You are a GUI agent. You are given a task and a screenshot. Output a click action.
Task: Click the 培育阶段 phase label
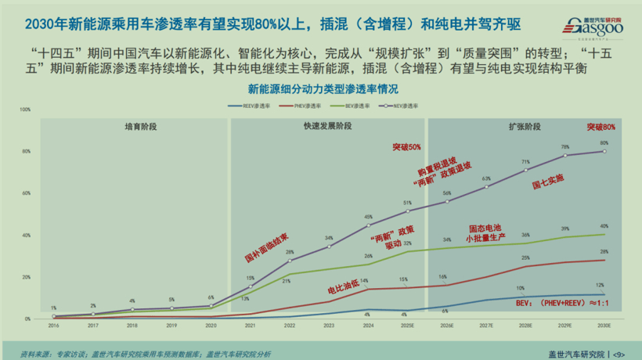tap(140, 125)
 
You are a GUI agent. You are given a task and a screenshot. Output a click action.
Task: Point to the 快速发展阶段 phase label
tap(328, 125)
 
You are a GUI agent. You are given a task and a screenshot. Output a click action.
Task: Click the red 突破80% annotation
tap(601, 127)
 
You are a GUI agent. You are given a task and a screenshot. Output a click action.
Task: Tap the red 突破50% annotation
tap(407, 146)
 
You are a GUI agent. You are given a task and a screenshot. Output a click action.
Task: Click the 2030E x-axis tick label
tap(604, 326)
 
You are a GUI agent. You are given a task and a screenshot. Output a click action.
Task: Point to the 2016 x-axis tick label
tap(53, 326)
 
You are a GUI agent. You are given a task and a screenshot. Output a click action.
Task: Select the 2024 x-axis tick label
tap(368, 326)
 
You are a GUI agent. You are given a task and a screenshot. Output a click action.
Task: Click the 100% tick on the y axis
tap(25, 110)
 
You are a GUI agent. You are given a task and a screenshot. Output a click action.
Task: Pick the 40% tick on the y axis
tap(26, 235)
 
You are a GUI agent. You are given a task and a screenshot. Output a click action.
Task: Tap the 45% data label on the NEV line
tap(368, 217)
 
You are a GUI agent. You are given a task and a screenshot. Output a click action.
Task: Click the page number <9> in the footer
tap(619, 353)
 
